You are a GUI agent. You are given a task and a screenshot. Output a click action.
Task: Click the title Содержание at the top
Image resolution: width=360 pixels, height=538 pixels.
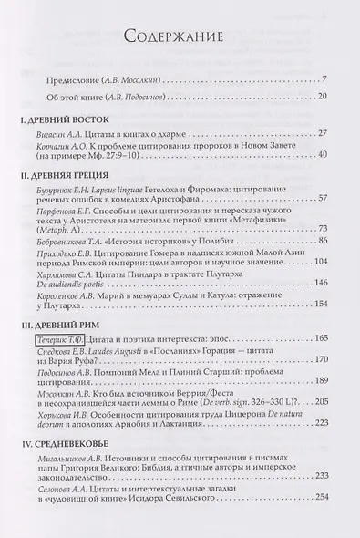coord(180,37)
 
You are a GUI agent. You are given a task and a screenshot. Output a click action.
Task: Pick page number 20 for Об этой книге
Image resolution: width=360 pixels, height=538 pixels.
coord(322,96)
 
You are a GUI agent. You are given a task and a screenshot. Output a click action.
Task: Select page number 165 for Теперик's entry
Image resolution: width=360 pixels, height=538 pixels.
coord(320,338)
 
